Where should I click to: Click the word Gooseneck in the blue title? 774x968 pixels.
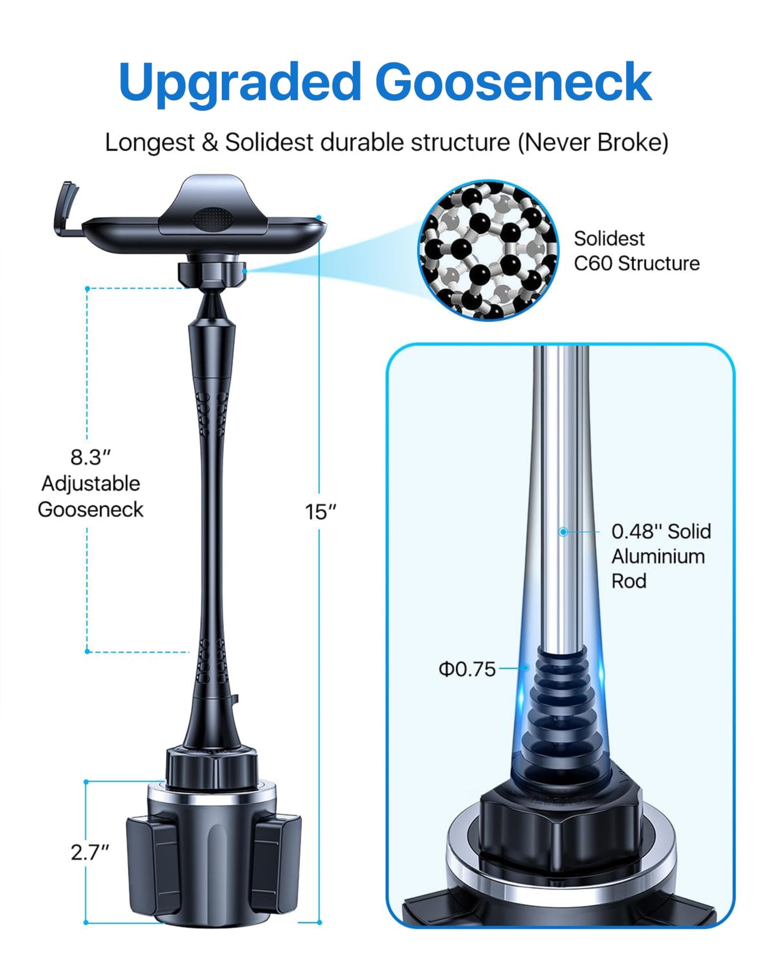(514, 81)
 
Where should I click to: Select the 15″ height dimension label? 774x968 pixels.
(321, 512)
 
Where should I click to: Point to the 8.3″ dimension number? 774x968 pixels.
(90, 457)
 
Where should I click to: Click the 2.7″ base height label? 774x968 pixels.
(90, 852)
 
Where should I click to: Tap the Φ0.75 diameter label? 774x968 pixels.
(467, 669)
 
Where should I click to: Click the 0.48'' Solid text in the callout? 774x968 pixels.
(661, 532)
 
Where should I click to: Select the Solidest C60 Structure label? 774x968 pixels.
(636, 251)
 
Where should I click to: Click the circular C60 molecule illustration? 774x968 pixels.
(488, 250)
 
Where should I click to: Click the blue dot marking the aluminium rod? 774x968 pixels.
(563, 532)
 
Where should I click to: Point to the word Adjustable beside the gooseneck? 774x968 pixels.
(91, 483)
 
